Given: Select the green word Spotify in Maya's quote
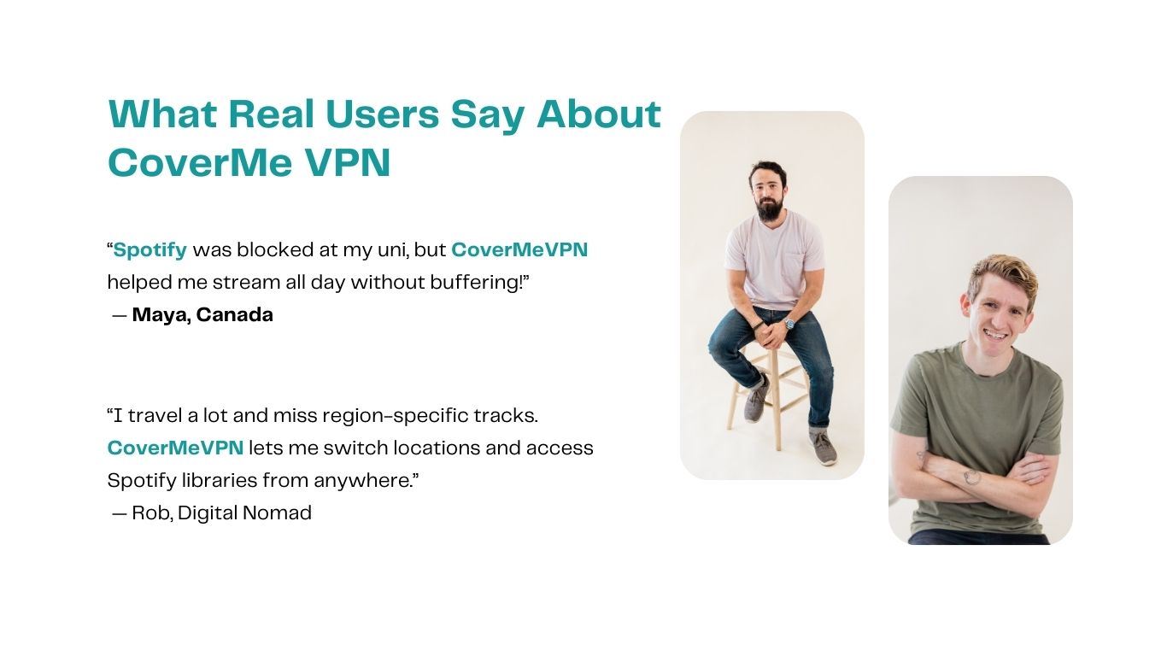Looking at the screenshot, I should [150, 250].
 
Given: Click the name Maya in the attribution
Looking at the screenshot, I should [161, 315].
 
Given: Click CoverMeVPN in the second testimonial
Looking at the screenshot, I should [175, 448].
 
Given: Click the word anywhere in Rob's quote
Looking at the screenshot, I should [363, 481].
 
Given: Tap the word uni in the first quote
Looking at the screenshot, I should [374, 250].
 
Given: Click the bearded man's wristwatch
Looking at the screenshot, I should [789, 324].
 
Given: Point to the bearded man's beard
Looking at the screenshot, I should [769, 207].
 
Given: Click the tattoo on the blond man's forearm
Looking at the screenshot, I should [971, 477].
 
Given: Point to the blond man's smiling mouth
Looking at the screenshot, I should [996, 336].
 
